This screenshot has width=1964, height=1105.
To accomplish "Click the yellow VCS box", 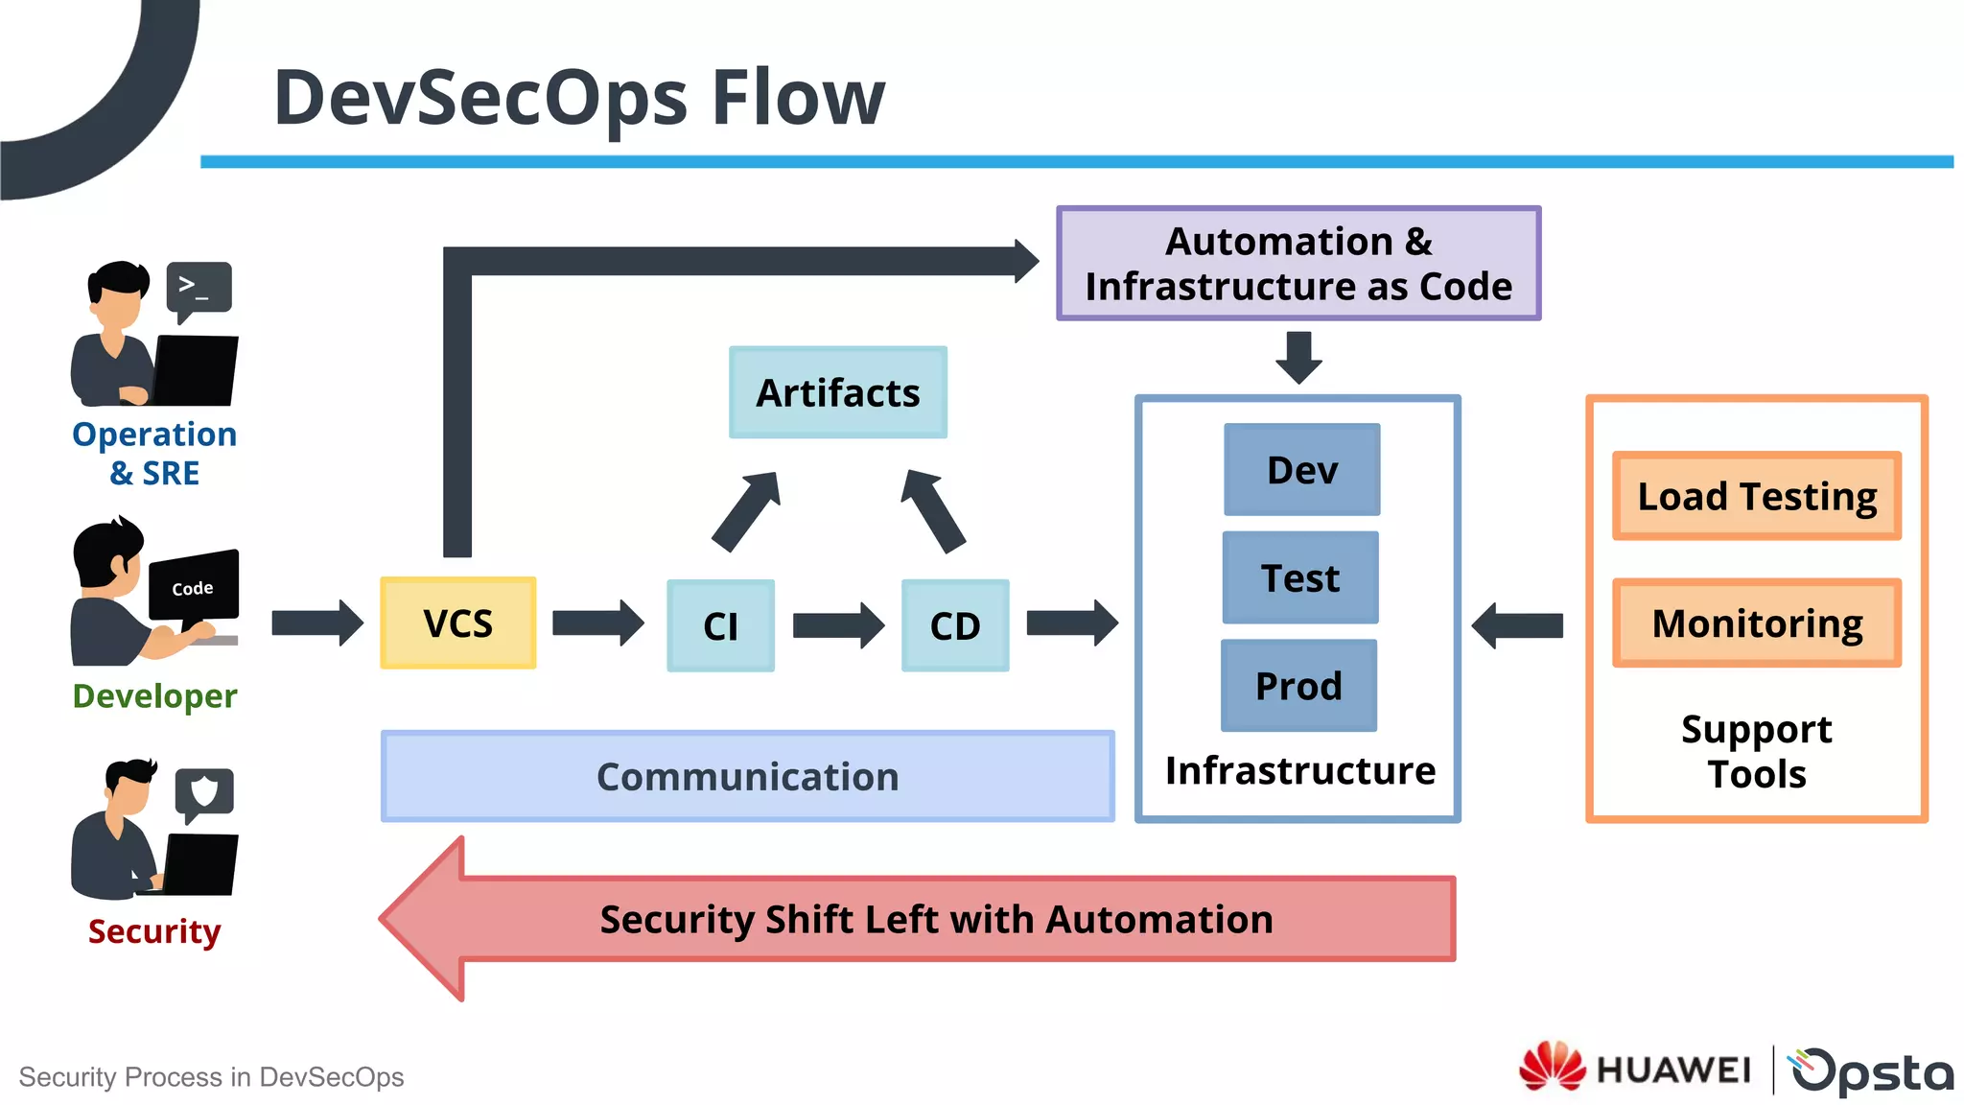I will [457, 623].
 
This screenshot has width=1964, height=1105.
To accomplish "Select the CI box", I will [720, 625].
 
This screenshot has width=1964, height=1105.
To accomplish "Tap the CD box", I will [955, 625].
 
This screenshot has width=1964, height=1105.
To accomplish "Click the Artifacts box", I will [837, 392].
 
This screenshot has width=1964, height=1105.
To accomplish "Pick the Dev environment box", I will [1301, 470].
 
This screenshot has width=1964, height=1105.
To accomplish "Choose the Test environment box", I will [1300, 577].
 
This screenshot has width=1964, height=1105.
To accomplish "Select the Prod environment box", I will [1298, 686].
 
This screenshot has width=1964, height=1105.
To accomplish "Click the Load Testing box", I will [1756, 496].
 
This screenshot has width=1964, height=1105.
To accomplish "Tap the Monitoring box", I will [1756, 623].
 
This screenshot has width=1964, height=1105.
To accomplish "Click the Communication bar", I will [747, 776].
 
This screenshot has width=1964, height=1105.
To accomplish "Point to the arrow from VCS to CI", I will [597, 623].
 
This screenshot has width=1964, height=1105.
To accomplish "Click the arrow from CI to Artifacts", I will [747, 510].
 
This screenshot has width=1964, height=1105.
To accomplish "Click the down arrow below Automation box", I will [1298, 357].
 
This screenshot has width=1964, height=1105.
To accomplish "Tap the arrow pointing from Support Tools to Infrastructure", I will [1517, 625].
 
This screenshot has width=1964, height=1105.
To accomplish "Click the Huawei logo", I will [1634, 1068].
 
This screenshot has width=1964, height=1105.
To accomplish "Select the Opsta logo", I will [1871, 1070].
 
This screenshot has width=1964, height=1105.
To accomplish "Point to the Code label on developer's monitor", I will [193, 588].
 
